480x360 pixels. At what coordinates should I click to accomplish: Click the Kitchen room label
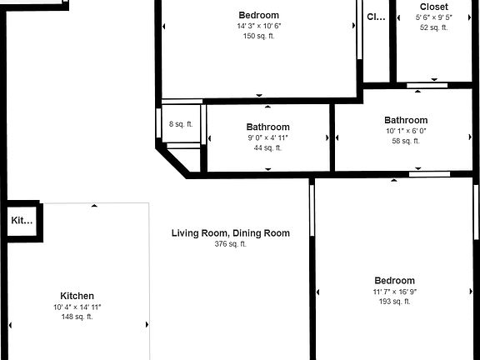(77, 296)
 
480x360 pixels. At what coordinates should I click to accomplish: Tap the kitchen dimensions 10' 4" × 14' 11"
(77, 307)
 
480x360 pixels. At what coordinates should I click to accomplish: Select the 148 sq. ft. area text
(77, 317)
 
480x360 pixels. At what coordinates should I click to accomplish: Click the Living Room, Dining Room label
(231, 233)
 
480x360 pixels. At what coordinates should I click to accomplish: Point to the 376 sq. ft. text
(231, 244)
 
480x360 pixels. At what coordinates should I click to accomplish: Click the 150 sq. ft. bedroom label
(258, 36)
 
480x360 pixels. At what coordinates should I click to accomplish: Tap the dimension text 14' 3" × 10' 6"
(258, 26)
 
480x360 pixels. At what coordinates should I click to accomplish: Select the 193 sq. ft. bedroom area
(394, 302)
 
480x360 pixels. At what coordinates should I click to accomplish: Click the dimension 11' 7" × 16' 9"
(394, 292)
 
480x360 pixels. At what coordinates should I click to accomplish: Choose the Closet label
(433, 7)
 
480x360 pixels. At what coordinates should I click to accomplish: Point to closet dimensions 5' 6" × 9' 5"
(433, 17)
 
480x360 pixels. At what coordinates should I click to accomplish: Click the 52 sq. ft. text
(433, 27)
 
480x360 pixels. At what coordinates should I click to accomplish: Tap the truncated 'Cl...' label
(377, 16)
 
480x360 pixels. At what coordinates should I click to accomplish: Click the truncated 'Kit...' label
(22, 221)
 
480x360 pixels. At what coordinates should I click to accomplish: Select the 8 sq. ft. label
(181, 124)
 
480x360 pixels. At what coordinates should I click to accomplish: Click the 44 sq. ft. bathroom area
(267, 148)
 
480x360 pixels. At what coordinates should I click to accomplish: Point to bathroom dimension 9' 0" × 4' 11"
(267, 138)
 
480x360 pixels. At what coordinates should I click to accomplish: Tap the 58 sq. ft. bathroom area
(406, 141)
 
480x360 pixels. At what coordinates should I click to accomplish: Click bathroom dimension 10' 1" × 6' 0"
(406, 131)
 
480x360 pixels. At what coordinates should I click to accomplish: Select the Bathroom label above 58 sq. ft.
(406, 120)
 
